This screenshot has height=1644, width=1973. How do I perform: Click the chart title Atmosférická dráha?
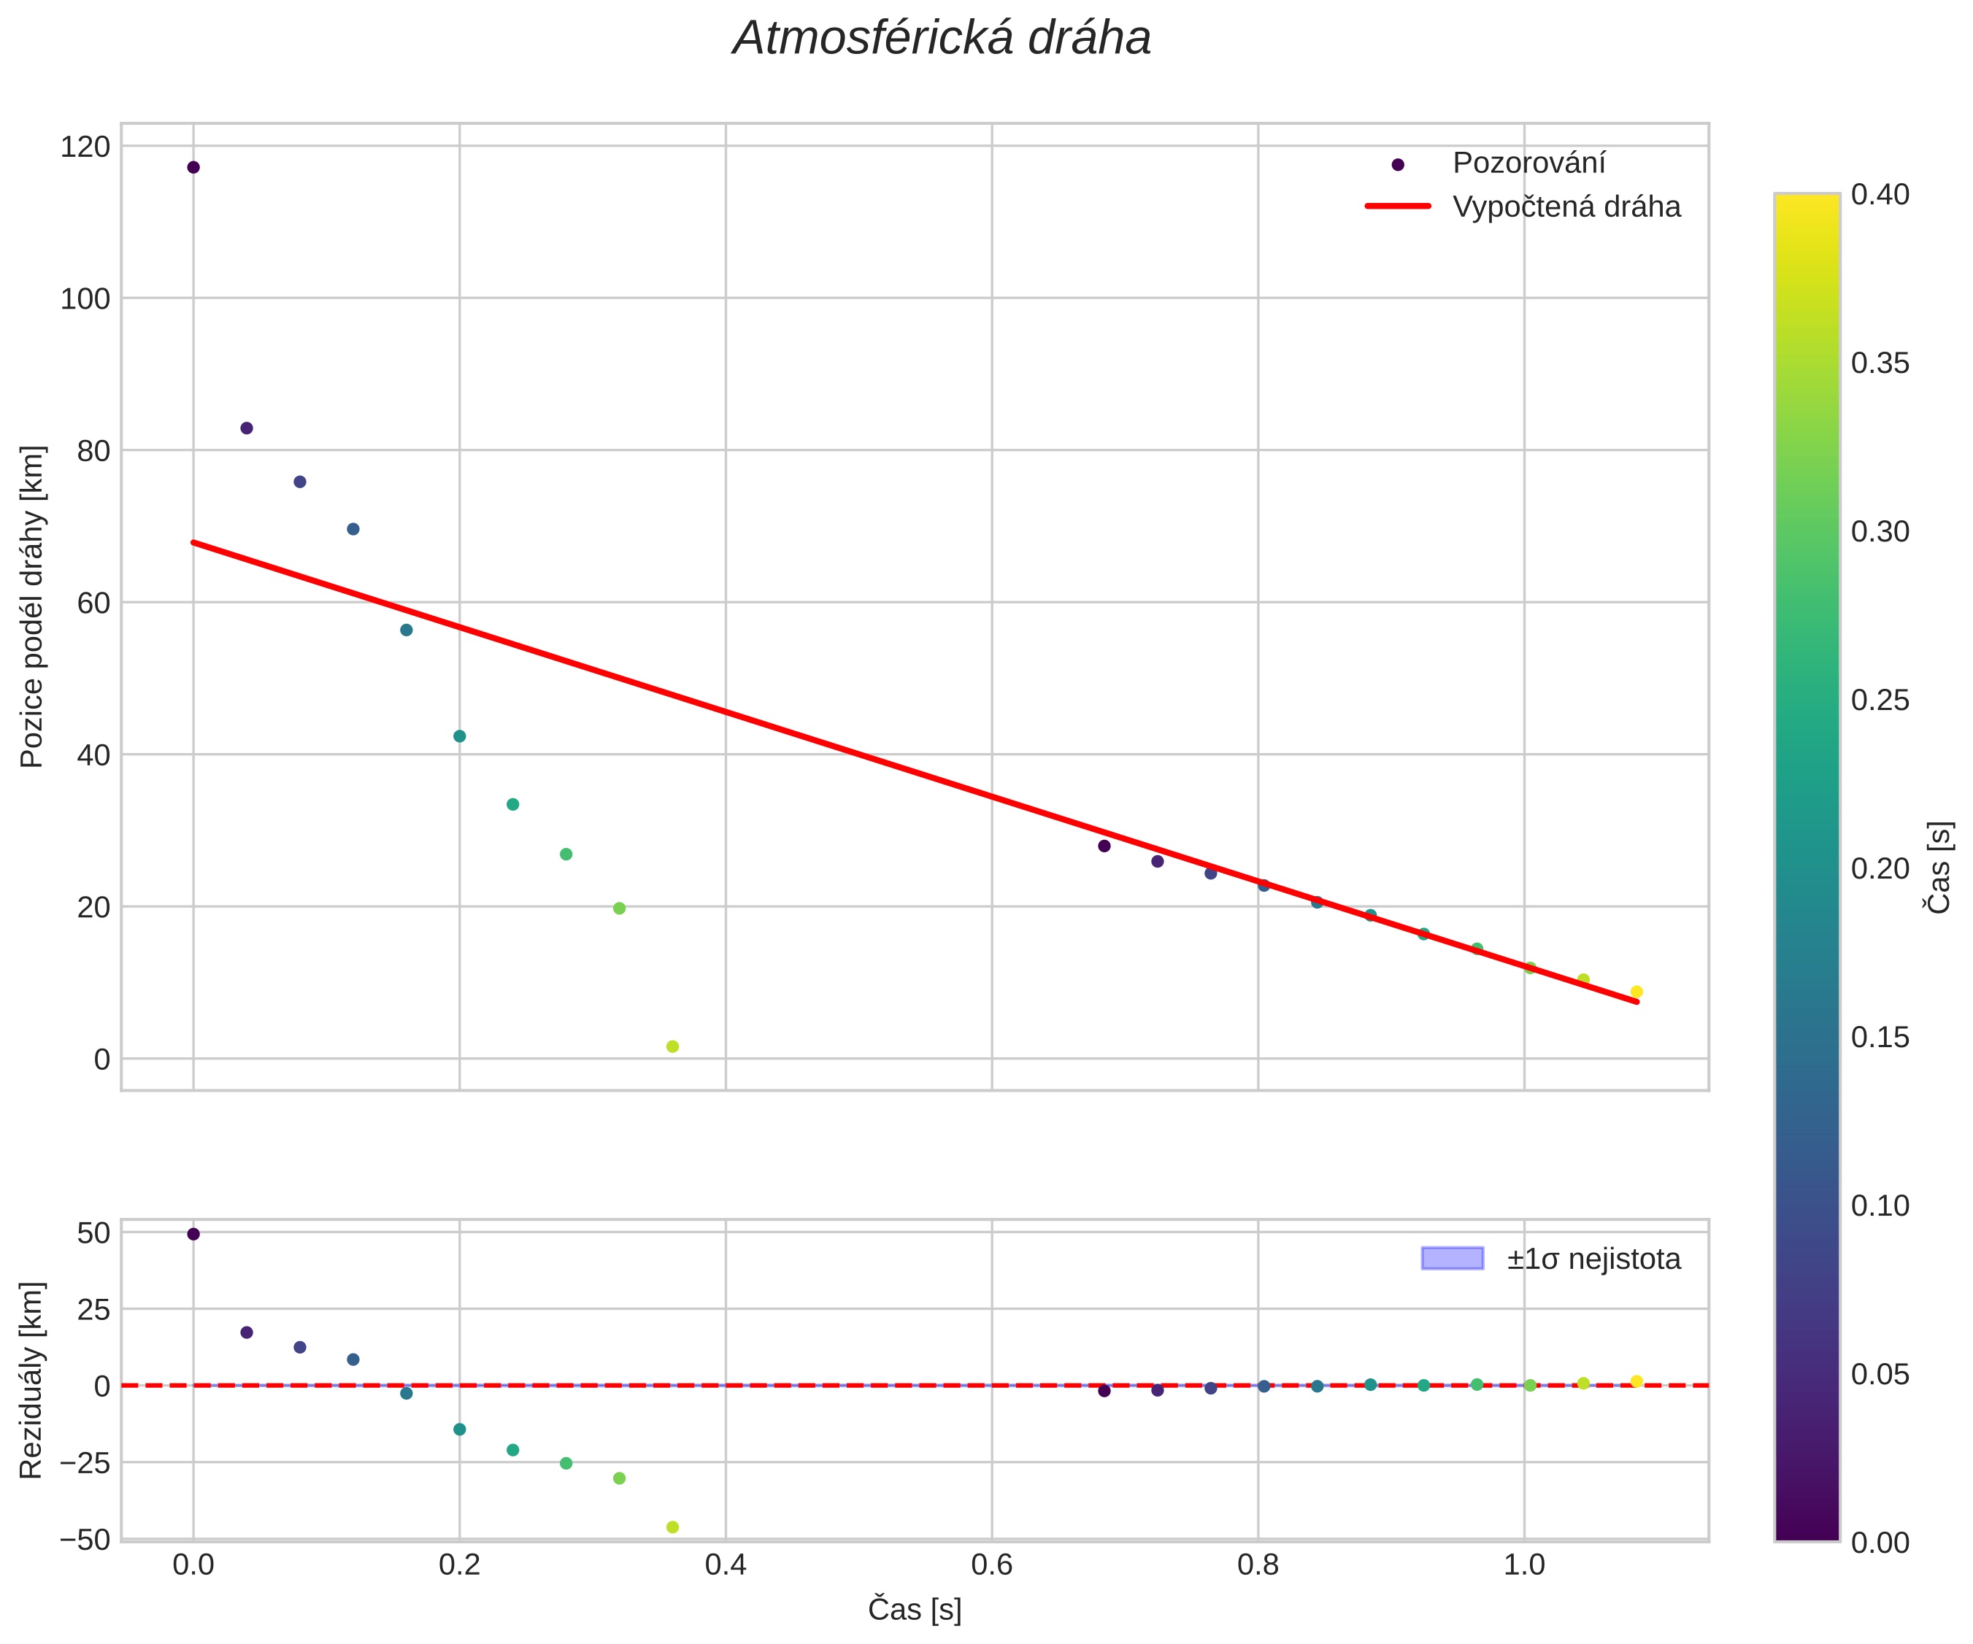(942, 39)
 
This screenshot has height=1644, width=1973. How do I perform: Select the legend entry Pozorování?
(1528, 163)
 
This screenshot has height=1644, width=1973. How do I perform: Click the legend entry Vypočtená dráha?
(1566, 207)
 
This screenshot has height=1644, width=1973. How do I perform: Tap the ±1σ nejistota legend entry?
(1593, 1259)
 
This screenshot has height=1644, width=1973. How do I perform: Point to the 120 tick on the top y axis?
(85, 147)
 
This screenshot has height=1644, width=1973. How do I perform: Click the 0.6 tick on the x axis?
(992, 1565)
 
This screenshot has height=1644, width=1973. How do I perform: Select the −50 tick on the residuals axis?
(84, 1540)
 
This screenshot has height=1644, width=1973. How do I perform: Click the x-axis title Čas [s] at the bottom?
(914, 1610)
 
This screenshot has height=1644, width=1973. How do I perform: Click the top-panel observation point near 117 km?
(193, 167)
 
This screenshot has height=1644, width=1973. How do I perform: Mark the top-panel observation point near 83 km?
(246, 428)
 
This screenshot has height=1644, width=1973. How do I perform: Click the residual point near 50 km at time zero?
(193, 1235)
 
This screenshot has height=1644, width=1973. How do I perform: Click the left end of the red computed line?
(194, 543)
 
